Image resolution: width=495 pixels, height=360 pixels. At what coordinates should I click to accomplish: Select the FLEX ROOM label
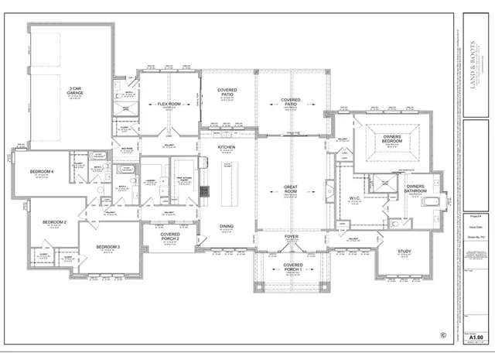169,103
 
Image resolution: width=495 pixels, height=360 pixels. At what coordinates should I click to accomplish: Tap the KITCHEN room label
227,146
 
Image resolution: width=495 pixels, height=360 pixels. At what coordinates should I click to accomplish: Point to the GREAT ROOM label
292,189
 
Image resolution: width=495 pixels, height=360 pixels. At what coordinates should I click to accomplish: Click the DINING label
227,226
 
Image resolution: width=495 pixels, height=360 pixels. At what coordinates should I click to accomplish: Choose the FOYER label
292,237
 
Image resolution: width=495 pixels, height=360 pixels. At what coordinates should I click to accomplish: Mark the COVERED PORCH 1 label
292,268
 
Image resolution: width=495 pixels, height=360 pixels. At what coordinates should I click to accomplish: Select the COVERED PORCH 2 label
170,237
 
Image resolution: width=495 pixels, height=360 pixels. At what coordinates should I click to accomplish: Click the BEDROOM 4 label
42,171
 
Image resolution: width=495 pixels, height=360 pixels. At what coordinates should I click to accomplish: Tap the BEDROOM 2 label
54,222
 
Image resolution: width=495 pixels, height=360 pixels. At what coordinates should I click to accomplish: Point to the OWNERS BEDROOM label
392,139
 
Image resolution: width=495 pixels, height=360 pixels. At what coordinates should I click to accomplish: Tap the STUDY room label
404,252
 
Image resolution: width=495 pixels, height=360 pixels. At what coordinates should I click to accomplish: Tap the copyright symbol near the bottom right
442,335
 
